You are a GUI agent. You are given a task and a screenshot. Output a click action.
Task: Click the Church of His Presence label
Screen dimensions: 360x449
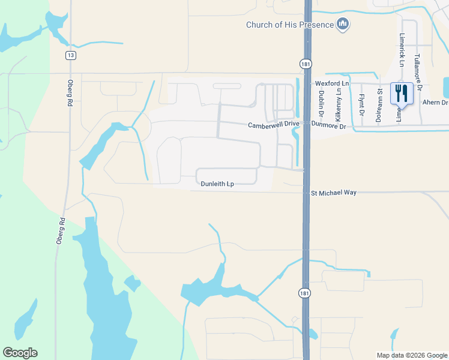[x=289, y=25]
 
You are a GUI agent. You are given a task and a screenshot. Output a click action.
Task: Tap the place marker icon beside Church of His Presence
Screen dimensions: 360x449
[x=343, y=24]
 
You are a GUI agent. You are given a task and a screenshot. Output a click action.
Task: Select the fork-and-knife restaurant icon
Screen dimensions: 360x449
[x=401, y=93]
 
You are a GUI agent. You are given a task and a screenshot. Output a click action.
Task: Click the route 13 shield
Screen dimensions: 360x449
[x=71, y=55]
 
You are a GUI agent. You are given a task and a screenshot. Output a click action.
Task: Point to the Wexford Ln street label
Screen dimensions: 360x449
[x=331, y=83]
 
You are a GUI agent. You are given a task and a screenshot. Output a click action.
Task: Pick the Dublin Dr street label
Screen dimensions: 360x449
[x=322, y=103]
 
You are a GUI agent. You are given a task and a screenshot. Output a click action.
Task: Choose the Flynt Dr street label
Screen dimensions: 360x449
[x=361, y=104]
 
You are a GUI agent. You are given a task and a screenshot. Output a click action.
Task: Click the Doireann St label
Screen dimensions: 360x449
[x=379, y=106]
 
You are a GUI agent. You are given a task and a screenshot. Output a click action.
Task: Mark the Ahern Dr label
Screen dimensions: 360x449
[x=435, y=103]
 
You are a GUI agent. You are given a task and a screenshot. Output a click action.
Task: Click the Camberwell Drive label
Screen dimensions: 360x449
[x=274, y=124]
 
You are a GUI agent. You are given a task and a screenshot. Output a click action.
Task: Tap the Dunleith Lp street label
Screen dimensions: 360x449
[x=216, y=185]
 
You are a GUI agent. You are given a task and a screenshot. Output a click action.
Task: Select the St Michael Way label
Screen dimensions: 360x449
[x=334, y=193]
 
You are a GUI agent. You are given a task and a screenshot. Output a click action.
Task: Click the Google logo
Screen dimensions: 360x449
[x=20, y=353]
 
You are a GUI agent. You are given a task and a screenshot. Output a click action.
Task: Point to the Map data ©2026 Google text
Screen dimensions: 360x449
[x=411, y=355]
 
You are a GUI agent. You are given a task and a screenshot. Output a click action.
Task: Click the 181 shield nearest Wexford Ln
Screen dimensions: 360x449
[x=305, y=64]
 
